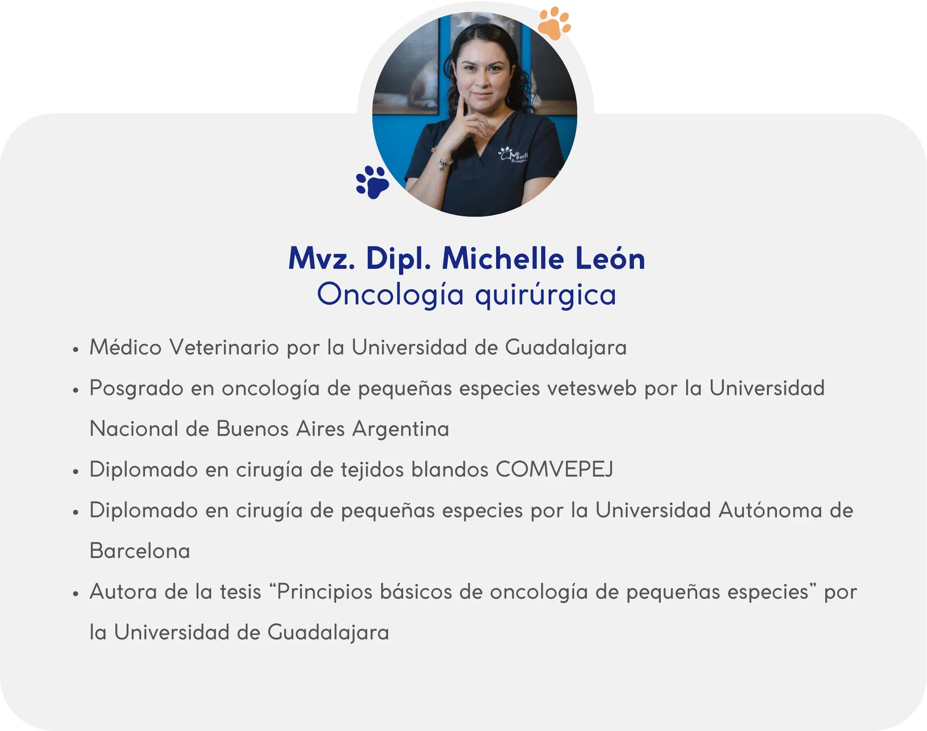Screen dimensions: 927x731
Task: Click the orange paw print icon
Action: (554, 24)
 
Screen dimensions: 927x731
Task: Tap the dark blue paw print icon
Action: (372, 182)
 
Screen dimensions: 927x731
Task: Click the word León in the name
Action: (610, 259)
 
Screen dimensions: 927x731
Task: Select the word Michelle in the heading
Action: (503, 259)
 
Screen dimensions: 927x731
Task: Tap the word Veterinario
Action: (224, 347)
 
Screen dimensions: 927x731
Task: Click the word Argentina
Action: (401, 429)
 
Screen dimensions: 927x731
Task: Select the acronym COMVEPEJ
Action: (555, 469)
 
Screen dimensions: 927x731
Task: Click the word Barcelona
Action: (140, 551)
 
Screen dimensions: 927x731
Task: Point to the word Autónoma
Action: (771, 510)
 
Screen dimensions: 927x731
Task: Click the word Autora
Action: (123, 592)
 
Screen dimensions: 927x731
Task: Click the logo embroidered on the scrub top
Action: (514, 155)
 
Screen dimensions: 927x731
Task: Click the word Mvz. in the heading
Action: (322, 259)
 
